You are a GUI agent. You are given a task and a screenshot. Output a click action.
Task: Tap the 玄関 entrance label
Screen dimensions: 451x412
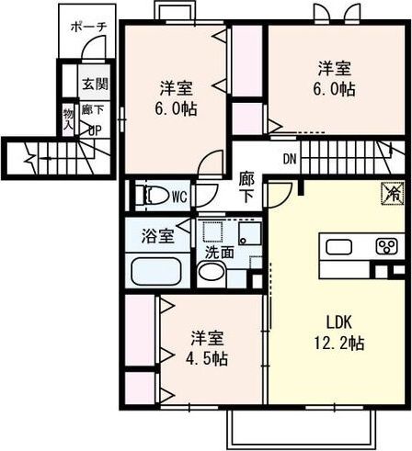click(x=93, y=85)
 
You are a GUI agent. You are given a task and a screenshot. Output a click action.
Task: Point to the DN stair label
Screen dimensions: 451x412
click(x=290, y=157)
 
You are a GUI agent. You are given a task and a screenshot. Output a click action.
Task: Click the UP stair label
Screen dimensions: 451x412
click(x=94, y=130)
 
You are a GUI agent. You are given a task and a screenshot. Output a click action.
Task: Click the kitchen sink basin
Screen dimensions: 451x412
click(x=338, y=246)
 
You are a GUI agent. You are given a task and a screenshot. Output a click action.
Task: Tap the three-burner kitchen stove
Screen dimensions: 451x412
click(x=386, y=246)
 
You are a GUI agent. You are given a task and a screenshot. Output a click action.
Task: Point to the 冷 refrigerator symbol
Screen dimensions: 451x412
click(x=389, y=194)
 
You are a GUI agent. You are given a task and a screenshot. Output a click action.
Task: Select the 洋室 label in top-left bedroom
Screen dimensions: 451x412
click(x=176, y=88)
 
